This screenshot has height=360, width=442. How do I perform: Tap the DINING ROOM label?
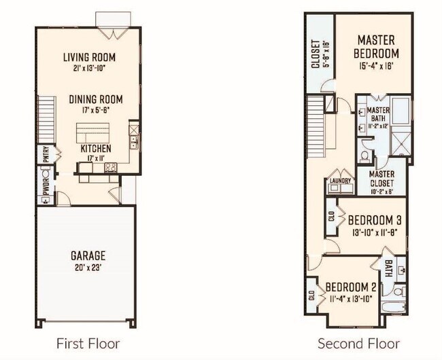[95, 99]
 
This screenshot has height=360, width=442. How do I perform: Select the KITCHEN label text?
[96, 148]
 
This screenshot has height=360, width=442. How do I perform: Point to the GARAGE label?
[88, 255]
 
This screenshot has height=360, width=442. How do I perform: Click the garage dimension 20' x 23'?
[88, 268]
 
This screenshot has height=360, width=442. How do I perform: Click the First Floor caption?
[88, 343]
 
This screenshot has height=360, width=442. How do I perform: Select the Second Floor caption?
[358, 343]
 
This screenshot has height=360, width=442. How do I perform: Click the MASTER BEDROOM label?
[377, 46]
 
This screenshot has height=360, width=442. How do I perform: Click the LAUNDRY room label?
[339, 181]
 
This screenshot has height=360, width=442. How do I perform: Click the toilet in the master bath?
[364, 157]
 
